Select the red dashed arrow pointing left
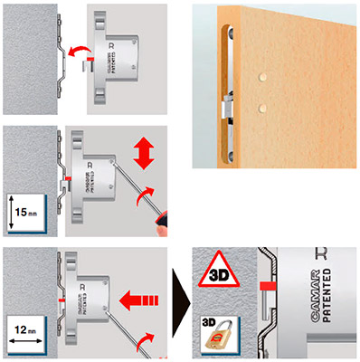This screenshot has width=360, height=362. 144,294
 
